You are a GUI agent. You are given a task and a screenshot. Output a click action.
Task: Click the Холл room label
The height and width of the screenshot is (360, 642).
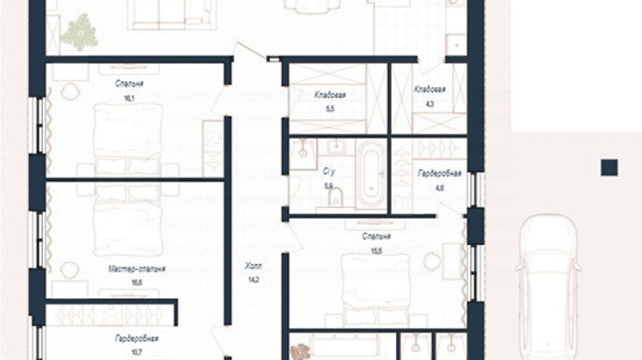pyautogui.click(x=253, y=266)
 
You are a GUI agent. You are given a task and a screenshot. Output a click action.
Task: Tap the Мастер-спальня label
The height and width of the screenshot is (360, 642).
pyautogui.click(x=137, y=269)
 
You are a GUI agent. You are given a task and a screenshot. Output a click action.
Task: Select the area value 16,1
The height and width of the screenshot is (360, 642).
pyautogui.click(x=130, y=99)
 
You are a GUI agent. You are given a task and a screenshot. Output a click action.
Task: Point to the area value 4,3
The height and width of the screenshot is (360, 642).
pyautogui.click(x=429, y=104)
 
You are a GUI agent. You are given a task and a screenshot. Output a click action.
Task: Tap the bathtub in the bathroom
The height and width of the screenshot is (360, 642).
pyautogui.click(x=371, y=175)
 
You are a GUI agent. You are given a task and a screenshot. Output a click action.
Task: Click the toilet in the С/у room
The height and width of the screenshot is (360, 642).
pyautogui.click(x=336, y=197)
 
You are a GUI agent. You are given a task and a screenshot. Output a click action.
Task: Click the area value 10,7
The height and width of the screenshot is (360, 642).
pyautogui.click(x=136, y=352)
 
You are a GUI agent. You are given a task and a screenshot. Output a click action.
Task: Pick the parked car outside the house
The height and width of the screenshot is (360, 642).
pyautogui.click(x=548, y=286)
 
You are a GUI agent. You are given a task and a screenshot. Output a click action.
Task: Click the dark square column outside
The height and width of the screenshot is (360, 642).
pyautogui.click(x=609, y=168)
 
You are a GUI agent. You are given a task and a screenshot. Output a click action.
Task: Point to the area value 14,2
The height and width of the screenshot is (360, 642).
pyautogui.click(x=253, y=280)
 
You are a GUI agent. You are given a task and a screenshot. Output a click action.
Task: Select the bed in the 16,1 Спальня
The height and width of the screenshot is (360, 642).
pyautogui.click(x=128, y=139)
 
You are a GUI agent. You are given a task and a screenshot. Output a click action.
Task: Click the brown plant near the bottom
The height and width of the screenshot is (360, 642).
pyautogui.click(x=300, y=352)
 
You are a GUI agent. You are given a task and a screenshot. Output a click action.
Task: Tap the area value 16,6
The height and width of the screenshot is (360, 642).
pyautogui.click(x=137, y=282)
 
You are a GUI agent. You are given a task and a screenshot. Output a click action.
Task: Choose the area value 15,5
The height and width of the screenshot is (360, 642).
pyautogui.click(x=376, y=250)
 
